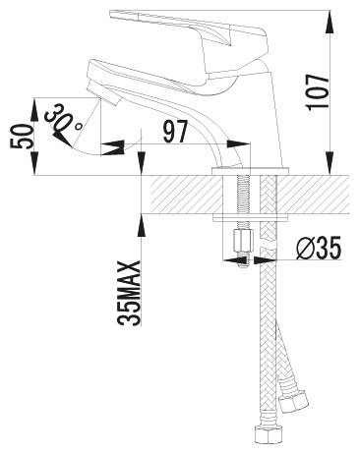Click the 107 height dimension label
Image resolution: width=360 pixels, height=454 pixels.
[x=317, y=91]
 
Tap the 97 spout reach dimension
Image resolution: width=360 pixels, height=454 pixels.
[x=175, y=132]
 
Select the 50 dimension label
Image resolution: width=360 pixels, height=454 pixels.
[x=22, y=137]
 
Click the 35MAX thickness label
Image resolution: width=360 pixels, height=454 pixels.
[x=129, y=293]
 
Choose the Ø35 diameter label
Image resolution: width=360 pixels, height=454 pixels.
[x=318, y=248]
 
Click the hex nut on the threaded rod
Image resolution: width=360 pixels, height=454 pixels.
[x=244, y=241]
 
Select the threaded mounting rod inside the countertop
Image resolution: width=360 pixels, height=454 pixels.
[x=243, y=196]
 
